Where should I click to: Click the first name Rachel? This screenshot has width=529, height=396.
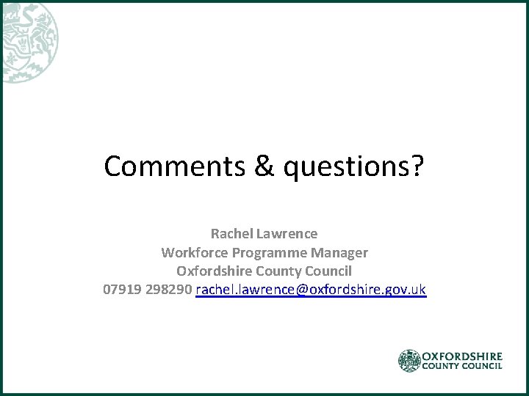coord(231,234)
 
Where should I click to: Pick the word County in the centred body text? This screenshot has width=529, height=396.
coord(277,271)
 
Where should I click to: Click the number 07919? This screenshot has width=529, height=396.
coord(122,290)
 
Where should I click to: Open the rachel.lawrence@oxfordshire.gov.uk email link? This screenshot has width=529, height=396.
coord(311,290)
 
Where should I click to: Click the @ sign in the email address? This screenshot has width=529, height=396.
coord(302,290)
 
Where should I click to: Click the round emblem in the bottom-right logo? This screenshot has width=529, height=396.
coord(409,360)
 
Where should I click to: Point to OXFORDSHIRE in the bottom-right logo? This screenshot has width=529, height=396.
coord(463,355)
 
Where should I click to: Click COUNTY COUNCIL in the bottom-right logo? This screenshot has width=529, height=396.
coord(463,365)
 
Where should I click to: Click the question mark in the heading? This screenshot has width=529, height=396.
coord(417,166)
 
